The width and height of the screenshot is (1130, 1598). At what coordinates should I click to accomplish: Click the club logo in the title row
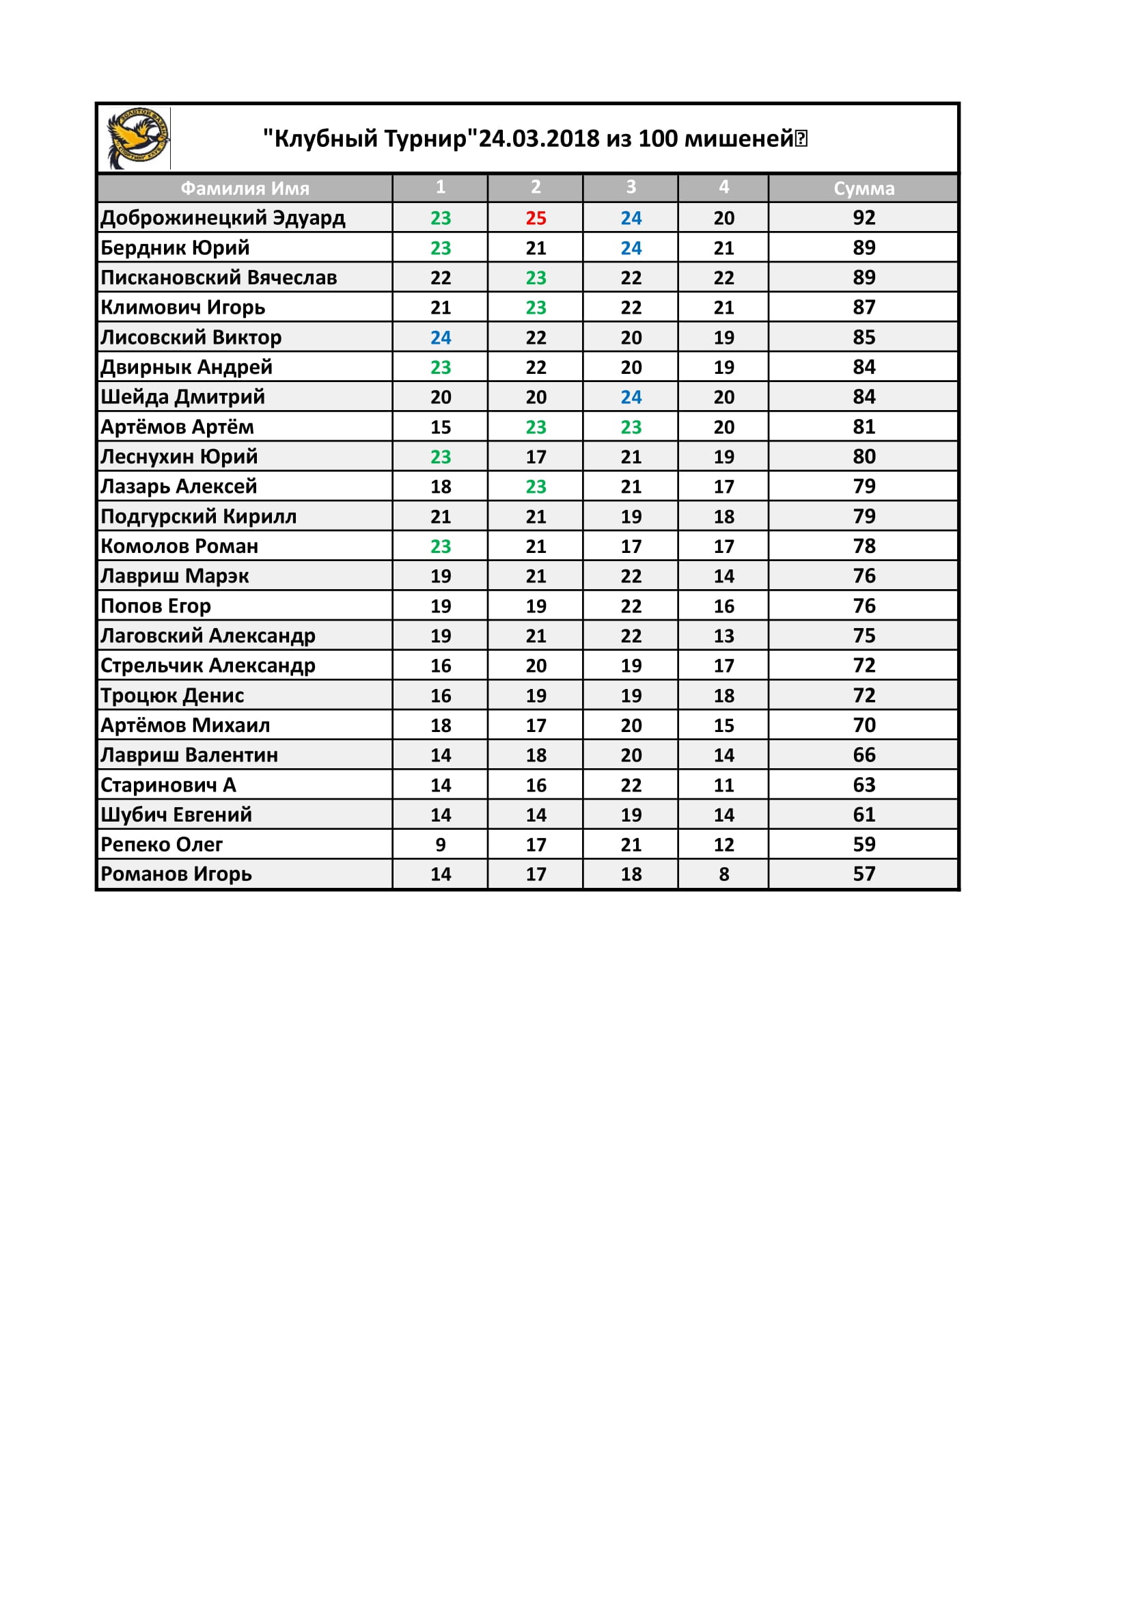pos(137,138)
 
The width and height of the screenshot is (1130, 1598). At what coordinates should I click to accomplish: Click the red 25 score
pos(536,218)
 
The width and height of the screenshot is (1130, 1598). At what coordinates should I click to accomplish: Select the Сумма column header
pos(864,188)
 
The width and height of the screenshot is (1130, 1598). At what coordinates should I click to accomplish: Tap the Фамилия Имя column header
pos(245,188)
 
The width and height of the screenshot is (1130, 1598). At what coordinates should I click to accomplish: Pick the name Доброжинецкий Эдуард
pos(223,218)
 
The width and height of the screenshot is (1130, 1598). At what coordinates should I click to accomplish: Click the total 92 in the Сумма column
pos(864,218)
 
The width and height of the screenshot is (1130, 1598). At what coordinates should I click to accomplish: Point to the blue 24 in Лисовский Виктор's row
pos(441,338)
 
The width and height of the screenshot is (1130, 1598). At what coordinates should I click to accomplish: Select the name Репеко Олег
pos(161,844)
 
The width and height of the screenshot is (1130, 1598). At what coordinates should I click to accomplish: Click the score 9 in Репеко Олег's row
pos(441,844)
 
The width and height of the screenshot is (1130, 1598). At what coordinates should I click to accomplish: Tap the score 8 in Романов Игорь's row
pos(724,874)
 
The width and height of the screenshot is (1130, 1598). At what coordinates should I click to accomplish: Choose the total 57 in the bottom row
pos(864,874)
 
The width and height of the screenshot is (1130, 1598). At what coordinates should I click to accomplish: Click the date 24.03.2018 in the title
pos(539,139)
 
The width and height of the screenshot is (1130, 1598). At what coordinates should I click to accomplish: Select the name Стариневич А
pos(168,785)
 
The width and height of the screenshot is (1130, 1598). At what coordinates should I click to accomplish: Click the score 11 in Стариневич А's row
pos(724,785)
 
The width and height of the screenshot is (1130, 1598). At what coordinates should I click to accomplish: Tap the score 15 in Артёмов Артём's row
pos(441,427)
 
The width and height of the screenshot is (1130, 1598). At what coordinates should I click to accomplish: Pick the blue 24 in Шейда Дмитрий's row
pos(631,397)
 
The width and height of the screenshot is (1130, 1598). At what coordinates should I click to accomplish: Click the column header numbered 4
pos(724,187)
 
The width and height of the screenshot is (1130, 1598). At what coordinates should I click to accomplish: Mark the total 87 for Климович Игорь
pos(864,308)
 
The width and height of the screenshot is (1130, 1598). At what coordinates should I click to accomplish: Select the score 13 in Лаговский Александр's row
pos(724,636)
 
